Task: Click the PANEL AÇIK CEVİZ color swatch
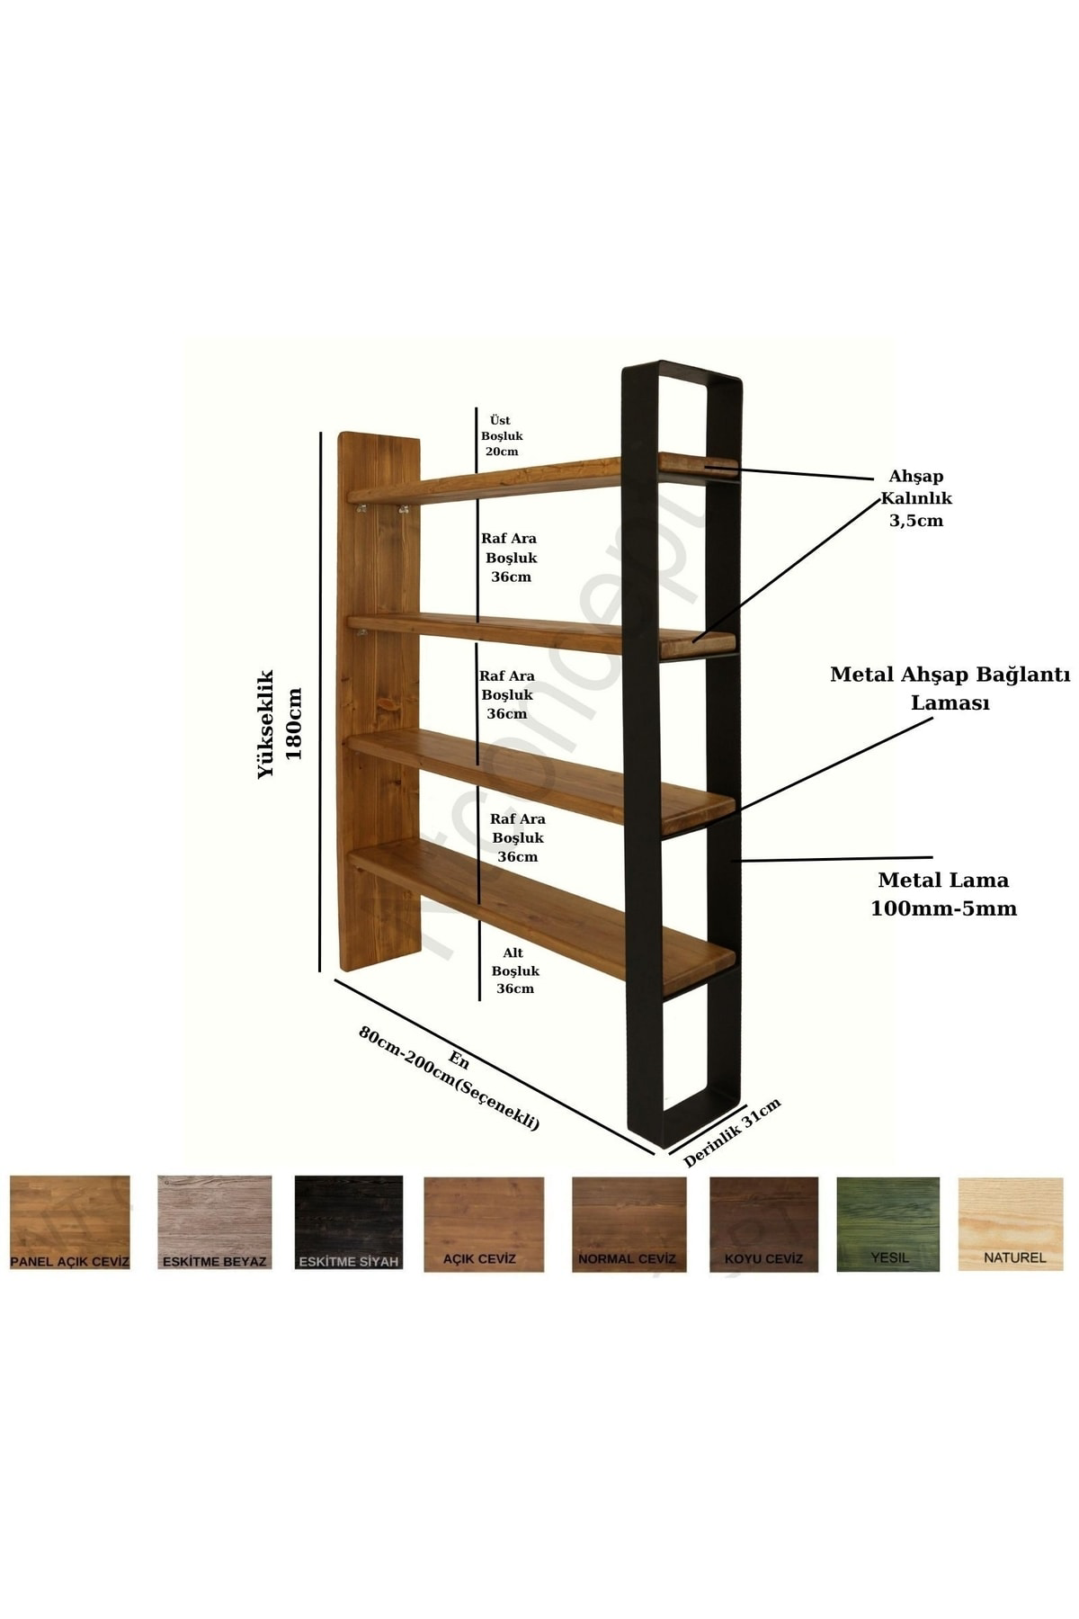pos(70,1222)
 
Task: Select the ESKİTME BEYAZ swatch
pos(214,1222)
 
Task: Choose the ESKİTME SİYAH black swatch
pos(349,1222)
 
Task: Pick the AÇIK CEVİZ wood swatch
pos(484,1224)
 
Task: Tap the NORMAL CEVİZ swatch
pos(629,1224)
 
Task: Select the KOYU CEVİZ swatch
pos(763,1224)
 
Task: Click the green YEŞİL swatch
pos(888,1224)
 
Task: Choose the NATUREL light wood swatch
pos(1011,1224)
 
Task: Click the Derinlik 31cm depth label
pos(732,1132)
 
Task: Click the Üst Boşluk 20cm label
pos(502,435)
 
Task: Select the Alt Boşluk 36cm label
pos(515,971)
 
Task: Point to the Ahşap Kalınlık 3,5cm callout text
pos(916,498)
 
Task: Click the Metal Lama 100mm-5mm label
pos(943,894)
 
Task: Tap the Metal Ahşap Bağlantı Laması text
pos(950,688)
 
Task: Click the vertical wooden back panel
pos(379,702)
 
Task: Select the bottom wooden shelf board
pos(541,910)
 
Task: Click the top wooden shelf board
pos(543,479)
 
